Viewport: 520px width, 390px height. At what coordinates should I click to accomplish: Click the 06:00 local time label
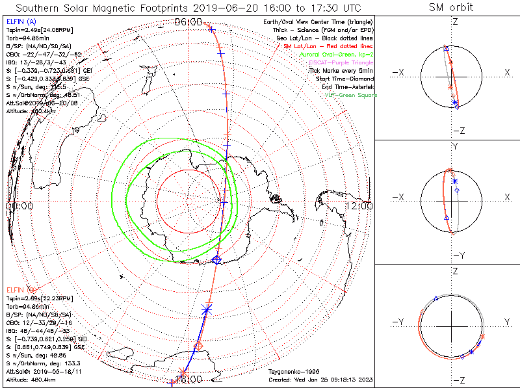[x=188, y=22]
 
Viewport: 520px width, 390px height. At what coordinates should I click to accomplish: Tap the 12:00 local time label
[x=359, y=206]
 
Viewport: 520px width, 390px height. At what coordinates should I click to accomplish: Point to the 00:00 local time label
[x=19, y=206]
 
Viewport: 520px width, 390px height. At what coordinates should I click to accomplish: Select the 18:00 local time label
[x=188, y=378]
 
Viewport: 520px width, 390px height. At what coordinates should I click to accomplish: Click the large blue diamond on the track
[x=217, y=260]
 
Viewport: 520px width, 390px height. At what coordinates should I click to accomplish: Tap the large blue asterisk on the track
[x=207, y=309]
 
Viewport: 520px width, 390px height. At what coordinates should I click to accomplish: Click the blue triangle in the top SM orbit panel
[x=445, y=49]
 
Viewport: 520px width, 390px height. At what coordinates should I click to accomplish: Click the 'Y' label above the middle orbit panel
[x=454, y=147]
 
